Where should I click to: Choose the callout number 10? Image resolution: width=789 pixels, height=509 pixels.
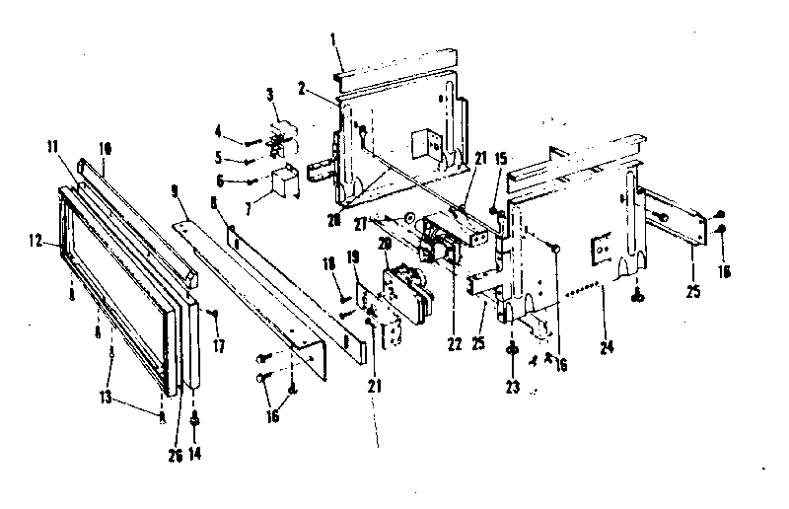pos(105,147)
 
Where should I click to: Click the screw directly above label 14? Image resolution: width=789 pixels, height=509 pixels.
pos(194,417)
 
